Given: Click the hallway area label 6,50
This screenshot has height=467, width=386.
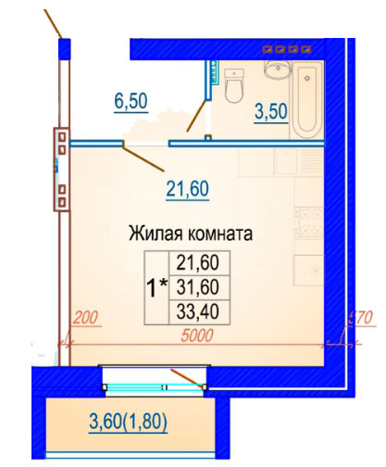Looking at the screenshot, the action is point(131,101).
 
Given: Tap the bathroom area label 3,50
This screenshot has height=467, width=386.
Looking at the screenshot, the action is point(271,111).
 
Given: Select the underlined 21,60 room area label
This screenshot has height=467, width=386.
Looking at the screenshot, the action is point(188,188).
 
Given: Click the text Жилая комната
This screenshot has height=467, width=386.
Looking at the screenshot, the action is point(191,233).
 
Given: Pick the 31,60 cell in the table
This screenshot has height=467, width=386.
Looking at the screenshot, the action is point(198,287).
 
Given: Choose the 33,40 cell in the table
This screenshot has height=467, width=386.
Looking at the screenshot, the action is point(198,311).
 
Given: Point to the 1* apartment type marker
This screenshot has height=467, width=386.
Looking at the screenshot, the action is point(157,287).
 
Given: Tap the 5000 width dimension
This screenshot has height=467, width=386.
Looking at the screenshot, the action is point(197,335).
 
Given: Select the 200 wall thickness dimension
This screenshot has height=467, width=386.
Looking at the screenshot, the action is point(85,317).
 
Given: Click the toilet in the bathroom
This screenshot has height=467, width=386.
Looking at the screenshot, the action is point(234,85).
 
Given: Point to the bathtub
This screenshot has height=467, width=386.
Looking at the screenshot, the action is point(307,99).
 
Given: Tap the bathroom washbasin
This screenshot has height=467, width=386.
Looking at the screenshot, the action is point(278,69).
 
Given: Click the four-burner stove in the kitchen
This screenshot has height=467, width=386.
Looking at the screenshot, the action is point(308,222).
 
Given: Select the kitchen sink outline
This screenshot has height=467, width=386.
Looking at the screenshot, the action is point(286,161).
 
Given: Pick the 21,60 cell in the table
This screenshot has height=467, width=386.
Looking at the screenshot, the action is point(198,263).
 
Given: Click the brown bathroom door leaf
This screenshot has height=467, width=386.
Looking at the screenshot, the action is point(196,116).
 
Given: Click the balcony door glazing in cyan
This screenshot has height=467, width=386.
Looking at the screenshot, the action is point(155,386).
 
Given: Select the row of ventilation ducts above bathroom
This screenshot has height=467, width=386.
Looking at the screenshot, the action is point(287,49).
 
